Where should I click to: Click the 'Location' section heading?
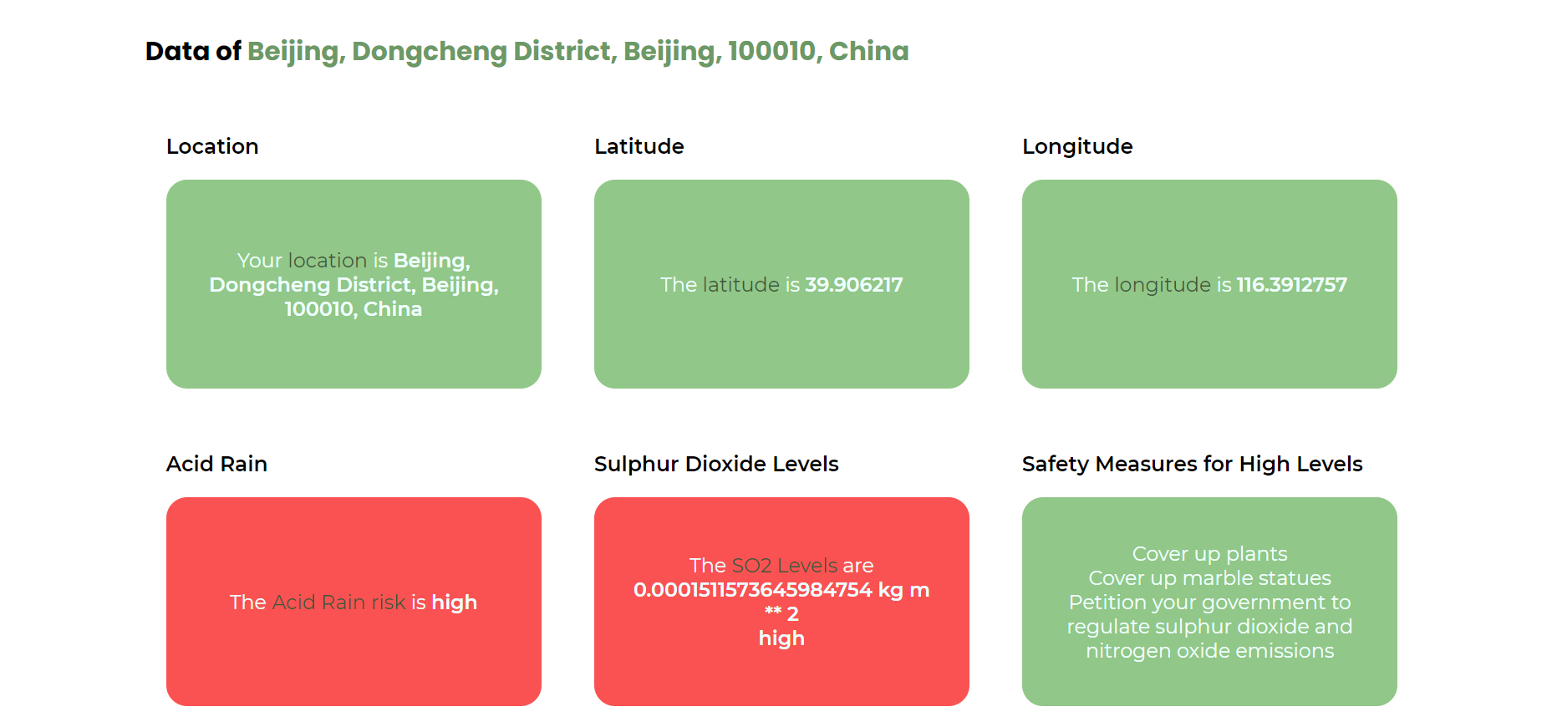click(212, 146)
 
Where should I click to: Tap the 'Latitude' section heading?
click(639, 146)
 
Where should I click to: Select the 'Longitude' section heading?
click(1077, 146)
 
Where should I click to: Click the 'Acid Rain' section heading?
click(216, 464)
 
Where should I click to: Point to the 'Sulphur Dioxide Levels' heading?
click(716, 464)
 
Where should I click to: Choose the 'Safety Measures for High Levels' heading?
click(1192, 464)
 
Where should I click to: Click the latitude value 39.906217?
click(853, 285)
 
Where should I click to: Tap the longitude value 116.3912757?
click(1291, 285)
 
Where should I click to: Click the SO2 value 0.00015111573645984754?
click(752, 590)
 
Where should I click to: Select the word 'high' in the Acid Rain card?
click(454, 603)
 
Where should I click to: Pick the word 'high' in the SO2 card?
click(781, 638)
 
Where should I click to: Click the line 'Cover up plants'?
click(1209, 554)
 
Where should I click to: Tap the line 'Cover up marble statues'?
click(1209, 578)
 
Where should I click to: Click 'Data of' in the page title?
click(193, 51)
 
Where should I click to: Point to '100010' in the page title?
click(771, 51)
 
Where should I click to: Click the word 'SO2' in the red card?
click(751, 566)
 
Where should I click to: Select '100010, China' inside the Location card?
click(354, 309)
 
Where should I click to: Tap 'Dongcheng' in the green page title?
click(429, 51)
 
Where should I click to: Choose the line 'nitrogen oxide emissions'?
click(1209, 651)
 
